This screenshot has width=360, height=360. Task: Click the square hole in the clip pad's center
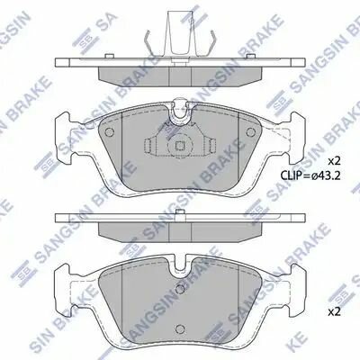click(179, 146)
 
